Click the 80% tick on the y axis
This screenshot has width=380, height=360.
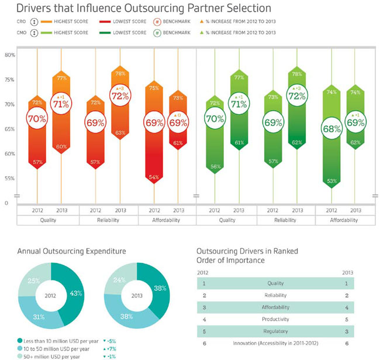click(10, 54)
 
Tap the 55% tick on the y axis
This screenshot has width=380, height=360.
click(10, 178)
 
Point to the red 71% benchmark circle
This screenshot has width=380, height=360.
click(61, 104)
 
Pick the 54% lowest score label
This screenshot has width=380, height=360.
click(154, 177)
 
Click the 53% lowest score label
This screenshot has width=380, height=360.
click(331, 181)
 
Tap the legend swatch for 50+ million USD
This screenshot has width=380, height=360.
click(20, 355)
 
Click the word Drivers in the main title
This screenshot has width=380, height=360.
click(31, 9)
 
